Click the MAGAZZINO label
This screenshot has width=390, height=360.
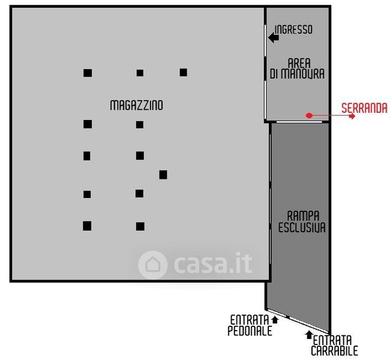click(x=136, y=105)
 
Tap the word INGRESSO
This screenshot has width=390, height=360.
click(x=293, y=29)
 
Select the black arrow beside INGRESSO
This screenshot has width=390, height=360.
click(x=274, y=38)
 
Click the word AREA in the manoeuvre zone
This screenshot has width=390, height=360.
click(x=298, y=63)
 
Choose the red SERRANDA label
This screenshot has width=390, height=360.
click(x=364, y=109)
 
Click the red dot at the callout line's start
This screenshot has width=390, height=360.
click(x=308, y=115)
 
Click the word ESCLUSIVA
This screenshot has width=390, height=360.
click(x=302, y=227)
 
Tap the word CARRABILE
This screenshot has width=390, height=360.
click(x=334, y=350)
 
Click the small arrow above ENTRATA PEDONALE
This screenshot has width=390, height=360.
click(x=274, y=319)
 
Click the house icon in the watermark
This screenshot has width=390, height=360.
click(x=152, y=265)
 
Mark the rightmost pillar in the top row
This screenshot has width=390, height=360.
click(x=183, y=73)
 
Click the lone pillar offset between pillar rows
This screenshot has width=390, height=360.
click(x=163, y=175)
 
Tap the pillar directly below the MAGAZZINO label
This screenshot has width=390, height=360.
click(x=140, y=125)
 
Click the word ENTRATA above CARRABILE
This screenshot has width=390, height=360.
click(x=334, y=340)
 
